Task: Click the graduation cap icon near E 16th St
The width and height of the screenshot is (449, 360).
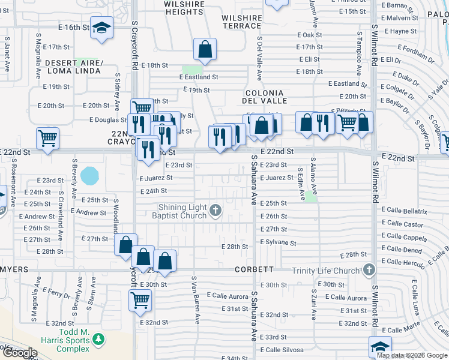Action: point(102,28)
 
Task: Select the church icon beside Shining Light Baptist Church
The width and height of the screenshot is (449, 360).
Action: point(216,210)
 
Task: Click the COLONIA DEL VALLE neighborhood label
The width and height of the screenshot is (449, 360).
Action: point(263,97)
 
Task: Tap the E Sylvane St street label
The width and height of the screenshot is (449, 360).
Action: point(279,243)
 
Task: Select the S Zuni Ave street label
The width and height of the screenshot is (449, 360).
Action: point(314,302)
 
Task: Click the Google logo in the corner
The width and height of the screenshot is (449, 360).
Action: point(19,353)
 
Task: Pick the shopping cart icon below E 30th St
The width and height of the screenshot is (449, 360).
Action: point(140,299)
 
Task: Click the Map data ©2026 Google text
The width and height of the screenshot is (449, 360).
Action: point(412,355)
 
